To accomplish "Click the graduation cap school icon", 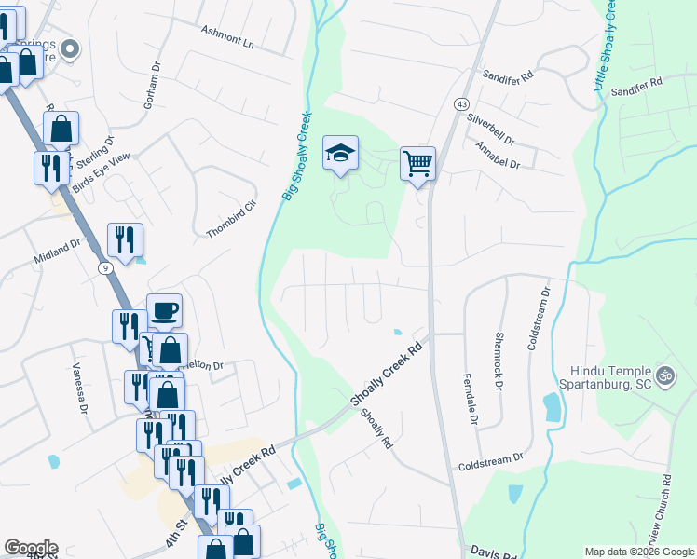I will (340, 153).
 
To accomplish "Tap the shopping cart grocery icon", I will (418, 163).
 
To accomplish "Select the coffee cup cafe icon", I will (164, 309).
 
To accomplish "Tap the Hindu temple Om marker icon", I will (664, 376).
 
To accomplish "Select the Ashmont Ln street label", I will (227, 36).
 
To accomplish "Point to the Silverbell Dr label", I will (491, 131).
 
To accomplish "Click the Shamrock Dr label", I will (499, 361).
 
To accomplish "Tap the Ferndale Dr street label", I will (469, 401).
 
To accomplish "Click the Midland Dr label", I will (58, 251).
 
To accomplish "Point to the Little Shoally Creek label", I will (604, 47).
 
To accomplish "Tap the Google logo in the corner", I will (30, 548).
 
